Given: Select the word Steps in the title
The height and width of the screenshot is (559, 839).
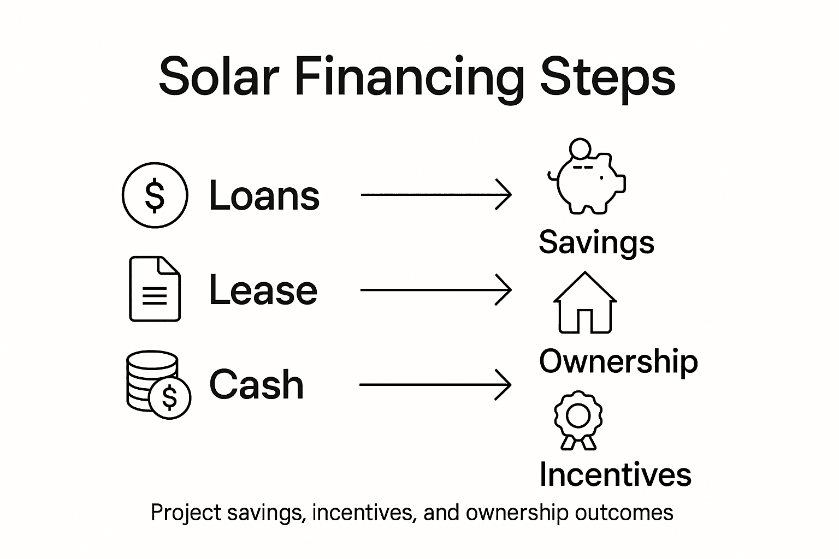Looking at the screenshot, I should click(607, 78).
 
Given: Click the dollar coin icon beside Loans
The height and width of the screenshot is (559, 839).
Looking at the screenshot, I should click(155, 195).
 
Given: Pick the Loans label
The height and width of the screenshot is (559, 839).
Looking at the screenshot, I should click(264, 195).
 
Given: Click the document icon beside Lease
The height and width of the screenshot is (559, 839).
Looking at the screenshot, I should click(155, 289).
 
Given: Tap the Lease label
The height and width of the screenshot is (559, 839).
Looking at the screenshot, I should click(263, 290).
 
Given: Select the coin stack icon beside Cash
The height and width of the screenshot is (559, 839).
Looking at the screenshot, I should click(157, 384).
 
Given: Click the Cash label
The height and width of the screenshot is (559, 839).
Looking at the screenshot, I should click(257, 384).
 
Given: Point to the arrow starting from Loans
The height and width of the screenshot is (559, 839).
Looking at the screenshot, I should click(436, 194).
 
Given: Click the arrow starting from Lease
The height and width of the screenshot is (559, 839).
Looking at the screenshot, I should click(436, 289).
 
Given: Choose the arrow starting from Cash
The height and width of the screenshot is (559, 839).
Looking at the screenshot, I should click(436, 385).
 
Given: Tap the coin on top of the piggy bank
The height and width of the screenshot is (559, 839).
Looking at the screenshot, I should click(580, 148).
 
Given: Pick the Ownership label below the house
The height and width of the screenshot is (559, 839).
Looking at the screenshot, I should click(618, 361).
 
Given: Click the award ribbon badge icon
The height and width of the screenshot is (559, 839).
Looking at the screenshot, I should click(578, 419).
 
